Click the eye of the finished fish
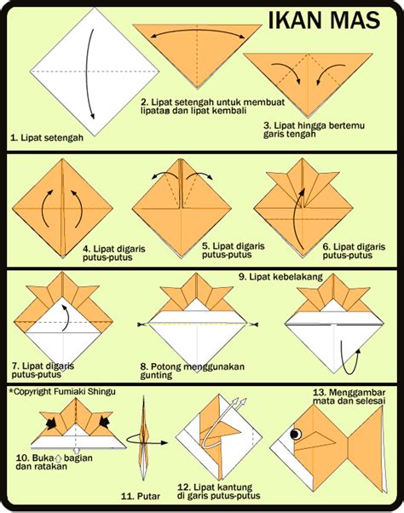point(299,434)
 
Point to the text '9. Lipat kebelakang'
point(276,277)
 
